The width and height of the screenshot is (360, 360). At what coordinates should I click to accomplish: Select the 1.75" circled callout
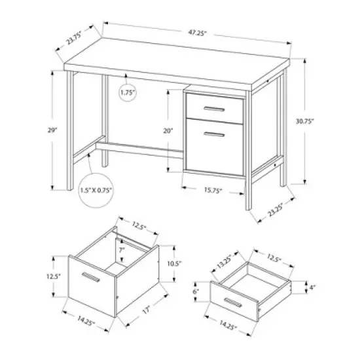(x=128, y=94)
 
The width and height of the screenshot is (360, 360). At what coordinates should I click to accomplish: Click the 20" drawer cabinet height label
(x=169, y=131)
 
